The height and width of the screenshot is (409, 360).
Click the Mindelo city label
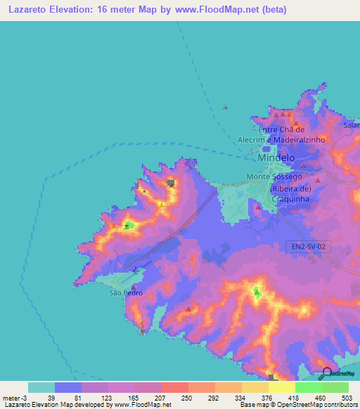276,158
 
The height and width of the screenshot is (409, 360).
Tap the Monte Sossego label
274,177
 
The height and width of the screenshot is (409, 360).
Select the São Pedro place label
122,292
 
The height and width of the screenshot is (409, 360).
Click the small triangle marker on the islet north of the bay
225,108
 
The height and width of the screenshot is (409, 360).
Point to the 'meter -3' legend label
15,398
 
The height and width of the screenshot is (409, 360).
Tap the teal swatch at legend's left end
41,387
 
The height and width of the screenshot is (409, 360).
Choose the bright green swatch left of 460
308,387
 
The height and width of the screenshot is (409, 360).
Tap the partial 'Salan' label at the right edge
351,125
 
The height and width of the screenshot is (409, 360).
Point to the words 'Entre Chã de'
281,129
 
